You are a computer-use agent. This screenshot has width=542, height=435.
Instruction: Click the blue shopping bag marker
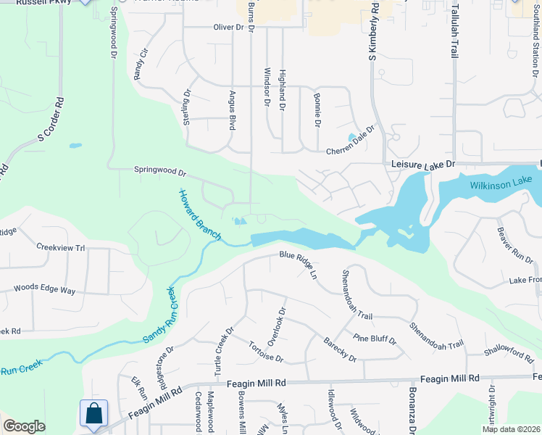coord(94,415)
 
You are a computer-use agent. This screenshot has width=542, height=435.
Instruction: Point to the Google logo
coord(23,426)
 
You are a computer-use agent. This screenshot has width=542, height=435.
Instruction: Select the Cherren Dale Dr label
coord(351,141)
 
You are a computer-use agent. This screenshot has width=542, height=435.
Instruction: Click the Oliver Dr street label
coord(228,27)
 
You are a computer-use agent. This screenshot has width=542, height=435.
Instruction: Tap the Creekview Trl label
coord(61,246)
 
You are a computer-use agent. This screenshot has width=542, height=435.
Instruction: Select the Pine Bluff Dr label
coord(375,339)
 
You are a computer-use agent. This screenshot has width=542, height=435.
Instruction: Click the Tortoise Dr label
coord(265,353)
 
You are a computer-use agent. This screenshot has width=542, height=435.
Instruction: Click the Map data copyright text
coord(510,429)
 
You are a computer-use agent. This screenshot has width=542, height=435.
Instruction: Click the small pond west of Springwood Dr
coord(75,146)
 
